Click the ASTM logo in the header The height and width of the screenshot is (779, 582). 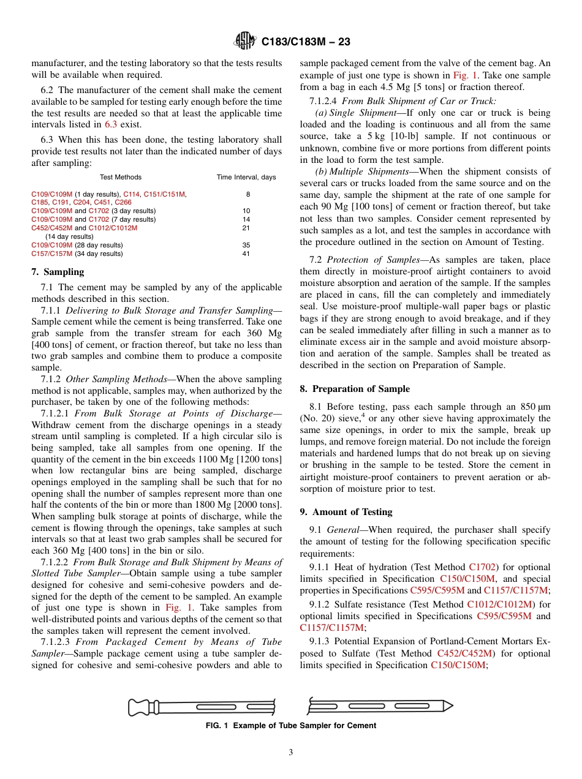tap(246, 42)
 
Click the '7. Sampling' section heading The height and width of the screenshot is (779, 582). tap(58, 272)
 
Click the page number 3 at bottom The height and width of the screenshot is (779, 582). tap(291, 753)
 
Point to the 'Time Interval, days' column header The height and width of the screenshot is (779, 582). tap(246, 177)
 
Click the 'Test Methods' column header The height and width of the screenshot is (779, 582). tap(120, 177)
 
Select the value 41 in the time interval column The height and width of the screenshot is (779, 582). tap(246, 254)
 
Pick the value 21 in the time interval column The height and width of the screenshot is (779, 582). tap(246, 228)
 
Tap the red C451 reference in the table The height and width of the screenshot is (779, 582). tap(103, 202)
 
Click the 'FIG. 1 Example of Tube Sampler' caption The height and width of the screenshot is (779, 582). tap(290, 726)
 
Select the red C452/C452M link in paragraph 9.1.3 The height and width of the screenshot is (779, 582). tap(464, 653)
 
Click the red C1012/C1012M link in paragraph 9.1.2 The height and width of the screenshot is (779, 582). tap(501, 604)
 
